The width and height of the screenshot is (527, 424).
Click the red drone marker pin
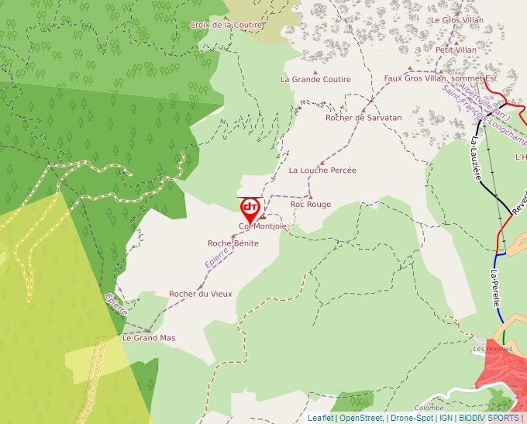250,209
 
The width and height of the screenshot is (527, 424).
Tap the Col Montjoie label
262,226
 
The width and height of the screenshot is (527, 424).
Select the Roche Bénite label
232,243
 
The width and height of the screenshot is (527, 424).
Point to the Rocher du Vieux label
200,294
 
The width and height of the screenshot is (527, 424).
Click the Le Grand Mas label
149,338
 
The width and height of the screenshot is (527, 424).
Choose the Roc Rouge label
310,205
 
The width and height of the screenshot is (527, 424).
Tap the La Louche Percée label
322,170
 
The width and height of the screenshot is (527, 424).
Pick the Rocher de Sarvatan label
363,118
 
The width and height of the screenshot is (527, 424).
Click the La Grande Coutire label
315,79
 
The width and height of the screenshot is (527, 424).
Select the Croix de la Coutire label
226,25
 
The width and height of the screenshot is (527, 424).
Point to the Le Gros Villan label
456,20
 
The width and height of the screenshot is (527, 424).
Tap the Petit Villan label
456,50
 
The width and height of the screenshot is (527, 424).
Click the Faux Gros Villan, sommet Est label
440,78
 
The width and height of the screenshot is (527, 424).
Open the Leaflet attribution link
320,418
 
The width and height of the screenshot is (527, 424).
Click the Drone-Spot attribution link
412,418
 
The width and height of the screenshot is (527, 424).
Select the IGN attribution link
446,418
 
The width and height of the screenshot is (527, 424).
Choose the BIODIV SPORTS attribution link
488,418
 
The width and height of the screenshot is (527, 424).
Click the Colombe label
429,408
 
